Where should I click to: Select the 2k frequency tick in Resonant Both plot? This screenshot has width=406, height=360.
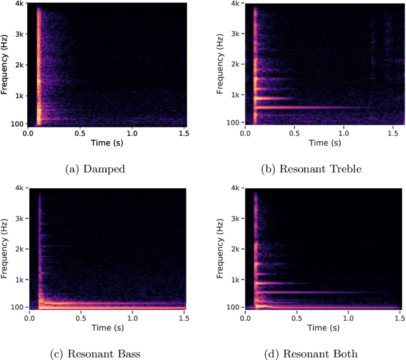(237, 249)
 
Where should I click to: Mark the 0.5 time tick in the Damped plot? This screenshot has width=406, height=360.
(80, 134)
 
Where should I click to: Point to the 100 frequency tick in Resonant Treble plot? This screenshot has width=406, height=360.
(235, 122)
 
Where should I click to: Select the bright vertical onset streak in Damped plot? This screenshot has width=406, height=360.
(38, 63)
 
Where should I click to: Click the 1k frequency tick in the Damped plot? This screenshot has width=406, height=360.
(20, 95)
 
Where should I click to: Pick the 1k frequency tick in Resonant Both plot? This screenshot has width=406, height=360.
(237, 280)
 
